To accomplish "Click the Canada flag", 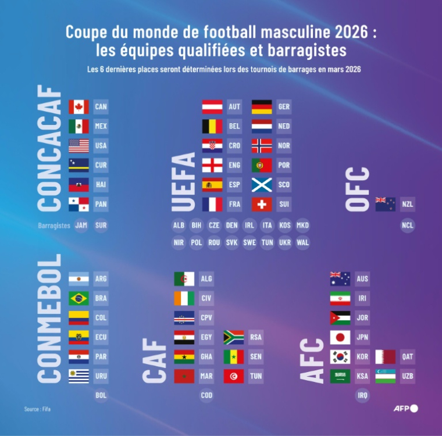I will click(x=79, y=107).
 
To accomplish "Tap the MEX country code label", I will click(x=101, y=126).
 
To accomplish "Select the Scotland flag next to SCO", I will click(x=262, y=185).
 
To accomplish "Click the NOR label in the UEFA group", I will click(x=284, y=146).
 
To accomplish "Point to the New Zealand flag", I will click(x=386, y=205).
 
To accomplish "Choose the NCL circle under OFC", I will click(x=408, y=225).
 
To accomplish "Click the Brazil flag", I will click(x=79, y=298).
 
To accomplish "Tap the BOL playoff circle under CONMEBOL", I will click(x=101, y=396).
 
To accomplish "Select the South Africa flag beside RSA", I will click(x=234, y=337).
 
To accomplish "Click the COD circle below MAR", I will click(x=206, y=396).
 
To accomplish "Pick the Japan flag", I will click(x=340, y=337).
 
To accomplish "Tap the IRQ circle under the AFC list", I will click(x=362, y=396).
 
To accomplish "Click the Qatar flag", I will click(x=386, y=357).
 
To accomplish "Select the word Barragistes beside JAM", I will click(x=54, y=226).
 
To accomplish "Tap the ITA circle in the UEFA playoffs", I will click(x=268, y=225).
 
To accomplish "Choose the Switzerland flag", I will click(x=262, y=205).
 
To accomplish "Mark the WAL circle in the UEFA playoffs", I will click(x=302, y=242).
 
